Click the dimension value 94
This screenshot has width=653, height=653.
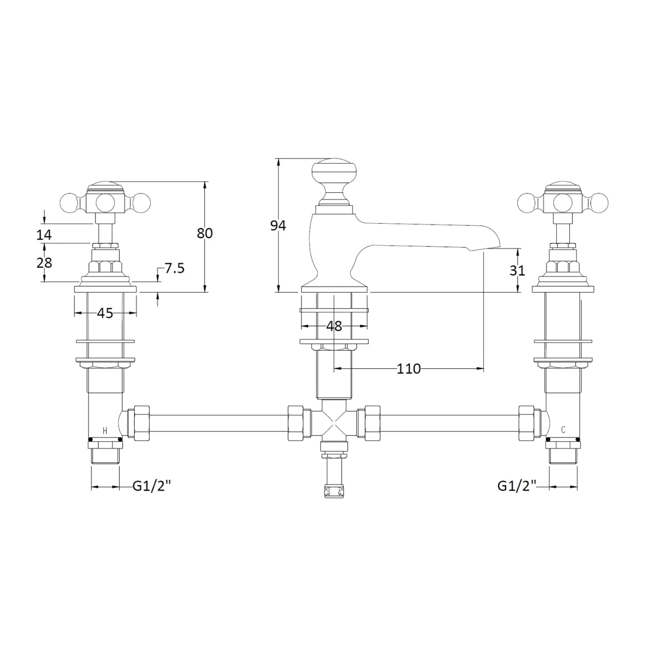coord(278,226)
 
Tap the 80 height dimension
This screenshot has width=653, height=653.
coord(205,233)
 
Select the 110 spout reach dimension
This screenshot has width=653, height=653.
coord(409,369)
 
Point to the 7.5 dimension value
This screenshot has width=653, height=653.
coord(174,268)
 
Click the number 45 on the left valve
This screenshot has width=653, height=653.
coord(105,313)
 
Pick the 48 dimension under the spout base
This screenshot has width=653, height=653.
coord(334,326)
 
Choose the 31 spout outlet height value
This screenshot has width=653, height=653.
coord(518,271)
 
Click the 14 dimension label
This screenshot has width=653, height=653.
coord(44,235)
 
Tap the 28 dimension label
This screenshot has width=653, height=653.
coord(44,263)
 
